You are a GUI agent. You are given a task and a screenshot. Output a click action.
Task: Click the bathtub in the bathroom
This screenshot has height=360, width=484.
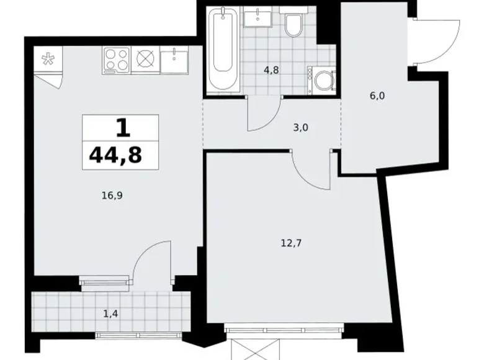pyautogui.click(x=220, y=48)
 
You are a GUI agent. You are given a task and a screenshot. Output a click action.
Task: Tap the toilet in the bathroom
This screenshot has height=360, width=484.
pyautogui.click(x=293, y=25)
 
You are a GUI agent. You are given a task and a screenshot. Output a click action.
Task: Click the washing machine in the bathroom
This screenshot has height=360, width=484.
pyautogui.click(x=323, y=81)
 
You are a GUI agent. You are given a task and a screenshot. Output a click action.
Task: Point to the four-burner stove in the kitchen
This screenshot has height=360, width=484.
pyautogui.click(x=116, y=60)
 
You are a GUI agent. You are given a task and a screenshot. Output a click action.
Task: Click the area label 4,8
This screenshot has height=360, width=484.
pyautogui.click(x=271, y=70)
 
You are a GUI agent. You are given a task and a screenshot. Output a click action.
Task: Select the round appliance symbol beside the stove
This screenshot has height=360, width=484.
pyautogui.click(x=145, y=60)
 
